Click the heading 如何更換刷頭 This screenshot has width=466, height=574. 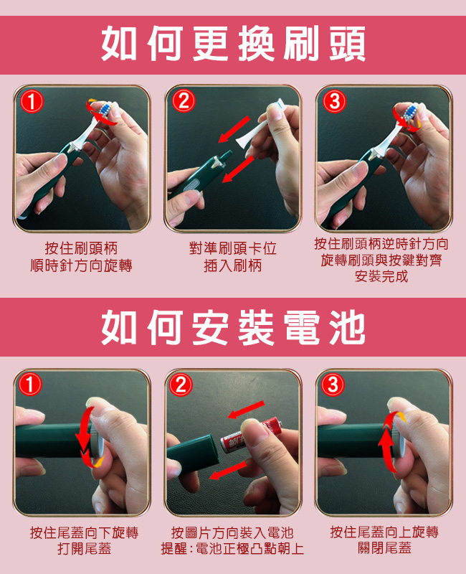233,44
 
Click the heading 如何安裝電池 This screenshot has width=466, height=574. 233,328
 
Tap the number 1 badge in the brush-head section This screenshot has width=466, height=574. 32,101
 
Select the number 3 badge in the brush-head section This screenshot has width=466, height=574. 334,101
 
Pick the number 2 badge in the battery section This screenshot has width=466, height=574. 181,385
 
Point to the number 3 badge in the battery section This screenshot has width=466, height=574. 333,385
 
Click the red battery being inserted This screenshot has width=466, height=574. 251,436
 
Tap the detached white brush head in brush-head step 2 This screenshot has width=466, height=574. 259,123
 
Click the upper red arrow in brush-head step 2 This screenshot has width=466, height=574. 234,129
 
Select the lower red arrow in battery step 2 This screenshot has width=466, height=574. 228,470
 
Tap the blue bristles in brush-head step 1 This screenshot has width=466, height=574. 105,109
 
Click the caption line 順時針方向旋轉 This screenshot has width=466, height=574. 81,265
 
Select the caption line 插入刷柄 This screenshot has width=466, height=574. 233,265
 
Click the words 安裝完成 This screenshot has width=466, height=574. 381,276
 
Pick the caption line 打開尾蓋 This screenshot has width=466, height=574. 84,549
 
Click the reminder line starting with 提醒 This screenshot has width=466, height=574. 232,549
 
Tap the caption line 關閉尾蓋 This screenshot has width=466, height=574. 384,548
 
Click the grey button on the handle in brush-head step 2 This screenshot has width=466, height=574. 192,185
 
